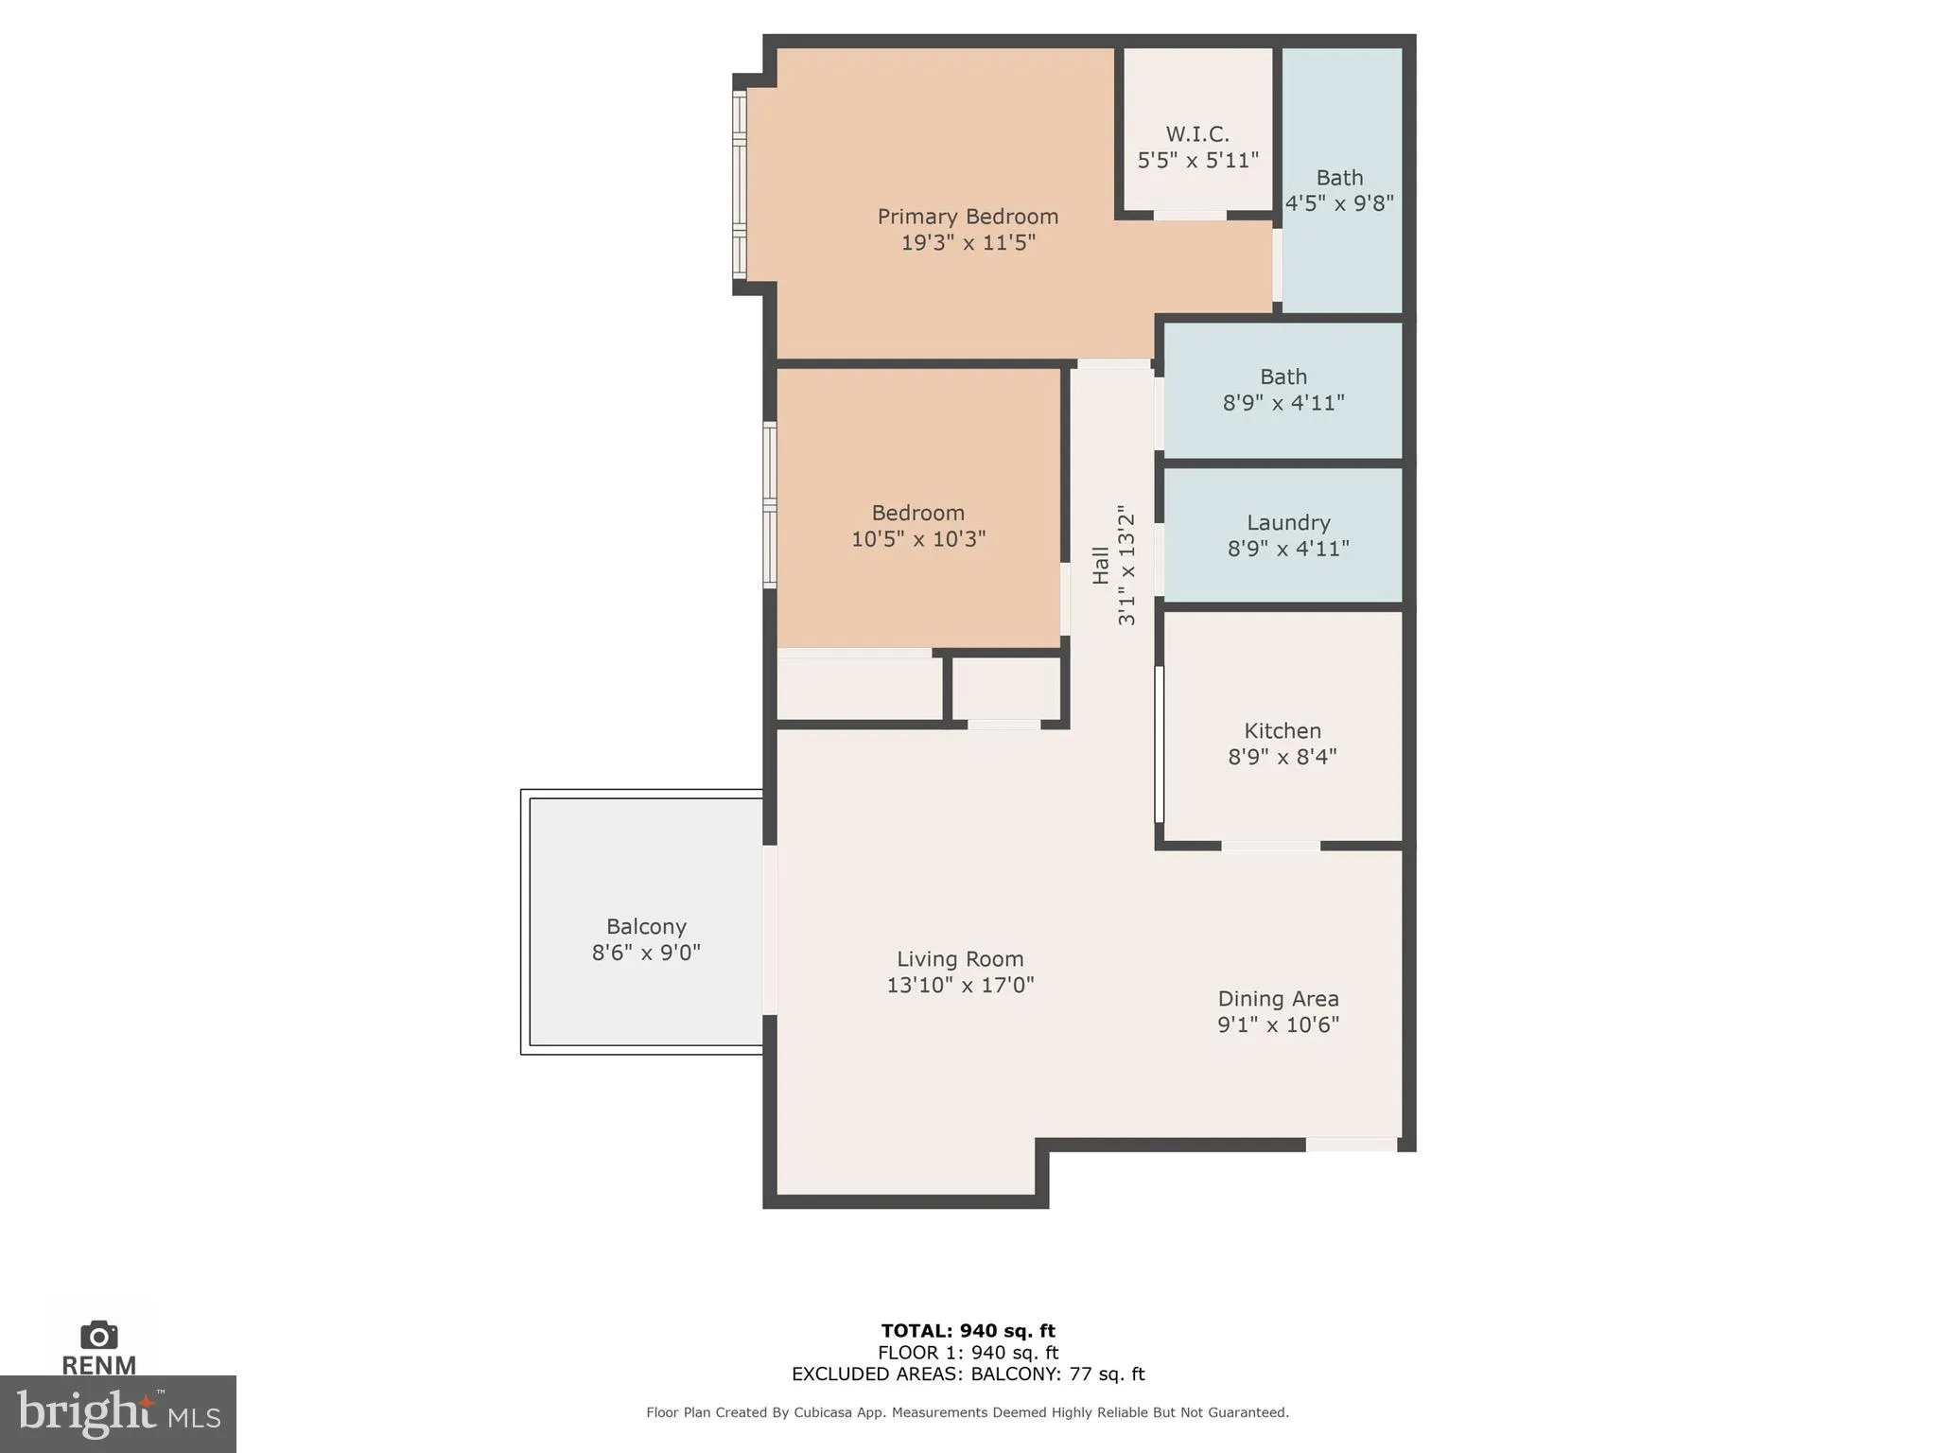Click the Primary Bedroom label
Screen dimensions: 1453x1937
tap(968, 217)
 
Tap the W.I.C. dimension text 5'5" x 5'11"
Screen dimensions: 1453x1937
tap(1197, 160)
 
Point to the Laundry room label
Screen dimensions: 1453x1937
tap(1288, 523)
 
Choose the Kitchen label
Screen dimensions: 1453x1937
tap(1283, 731)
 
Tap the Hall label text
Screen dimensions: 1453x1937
tap(1101, 565)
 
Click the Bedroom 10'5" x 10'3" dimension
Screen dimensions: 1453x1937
tap(918, 539)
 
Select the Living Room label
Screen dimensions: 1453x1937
tap(960, 959)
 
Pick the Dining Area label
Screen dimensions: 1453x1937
tap(1278, 999)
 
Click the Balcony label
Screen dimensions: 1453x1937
tap(646, 927)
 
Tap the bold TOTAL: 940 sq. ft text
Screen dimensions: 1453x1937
tap(968, 1331)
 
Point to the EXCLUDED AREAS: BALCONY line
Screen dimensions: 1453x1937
tap(968, 1374)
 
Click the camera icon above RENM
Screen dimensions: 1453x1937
tap(99, 1335)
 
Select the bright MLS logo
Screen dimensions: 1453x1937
tap(117, 1413)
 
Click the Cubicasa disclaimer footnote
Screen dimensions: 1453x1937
tap(968, 1412)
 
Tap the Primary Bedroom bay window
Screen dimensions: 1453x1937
tap(740, 184)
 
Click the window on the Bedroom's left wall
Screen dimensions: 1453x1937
tap(770, 505)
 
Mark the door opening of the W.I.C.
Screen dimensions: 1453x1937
tap(1190, 216)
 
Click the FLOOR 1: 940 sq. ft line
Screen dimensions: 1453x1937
tap(968, 1353)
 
